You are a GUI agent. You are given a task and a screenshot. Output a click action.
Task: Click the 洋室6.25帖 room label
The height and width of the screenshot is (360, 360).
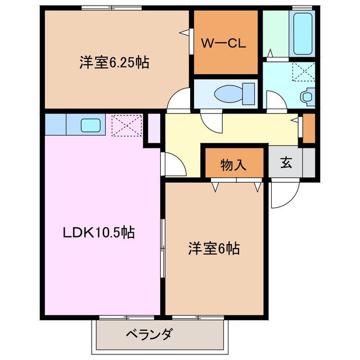point(114,62)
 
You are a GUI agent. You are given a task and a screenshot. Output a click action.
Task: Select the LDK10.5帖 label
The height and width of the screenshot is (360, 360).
point(98,232)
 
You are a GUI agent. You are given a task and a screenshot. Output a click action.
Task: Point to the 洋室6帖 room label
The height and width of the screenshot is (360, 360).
point(214,248)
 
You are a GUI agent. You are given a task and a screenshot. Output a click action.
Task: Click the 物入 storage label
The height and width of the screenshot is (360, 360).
point(233,164)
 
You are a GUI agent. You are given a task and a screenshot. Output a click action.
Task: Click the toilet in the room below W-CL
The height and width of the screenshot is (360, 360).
point(231,93)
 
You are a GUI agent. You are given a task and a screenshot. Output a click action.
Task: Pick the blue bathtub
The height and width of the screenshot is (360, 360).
point(303,34)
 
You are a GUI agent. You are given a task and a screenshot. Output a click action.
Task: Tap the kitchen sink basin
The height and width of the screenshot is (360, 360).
point(90,125)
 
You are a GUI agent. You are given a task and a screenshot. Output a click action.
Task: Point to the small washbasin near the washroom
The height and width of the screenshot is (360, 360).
point(307,96)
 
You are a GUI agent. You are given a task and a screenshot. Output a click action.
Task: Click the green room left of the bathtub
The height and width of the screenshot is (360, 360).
point(275,34)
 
